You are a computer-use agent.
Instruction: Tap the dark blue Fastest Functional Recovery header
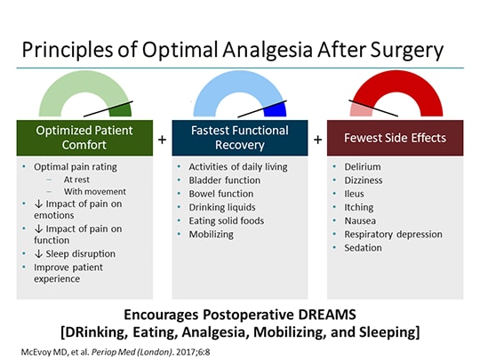tap(240, 140)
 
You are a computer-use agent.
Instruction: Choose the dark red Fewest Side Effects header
tap(396, 140)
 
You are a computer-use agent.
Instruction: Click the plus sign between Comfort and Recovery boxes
tap(162, 140)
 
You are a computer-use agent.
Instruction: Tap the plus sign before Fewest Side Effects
tap(317, 140)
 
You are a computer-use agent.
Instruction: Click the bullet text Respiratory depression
tap(393, 234)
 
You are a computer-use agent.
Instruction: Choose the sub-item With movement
tap(95, 191)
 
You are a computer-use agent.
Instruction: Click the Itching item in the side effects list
tap(359, 207)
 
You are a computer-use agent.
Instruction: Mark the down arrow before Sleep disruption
tap(27, 253)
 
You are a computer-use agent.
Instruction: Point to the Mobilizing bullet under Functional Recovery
tap(212, 234)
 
